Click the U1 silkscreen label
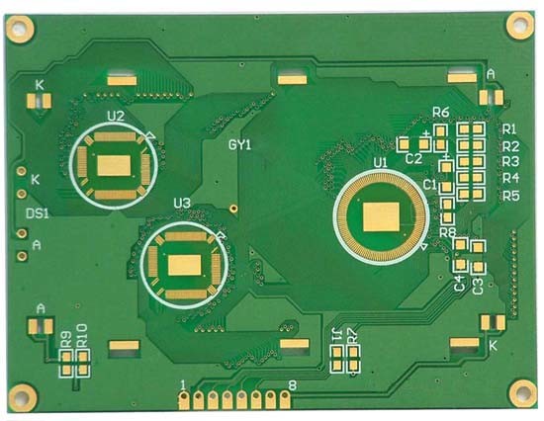380,162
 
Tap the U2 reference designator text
115,117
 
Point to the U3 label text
182,204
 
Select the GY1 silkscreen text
239,145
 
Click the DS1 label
38,213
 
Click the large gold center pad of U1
381,217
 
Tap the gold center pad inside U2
114,165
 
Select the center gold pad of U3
185,265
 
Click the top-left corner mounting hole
20,29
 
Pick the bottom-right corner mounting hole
524,394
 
